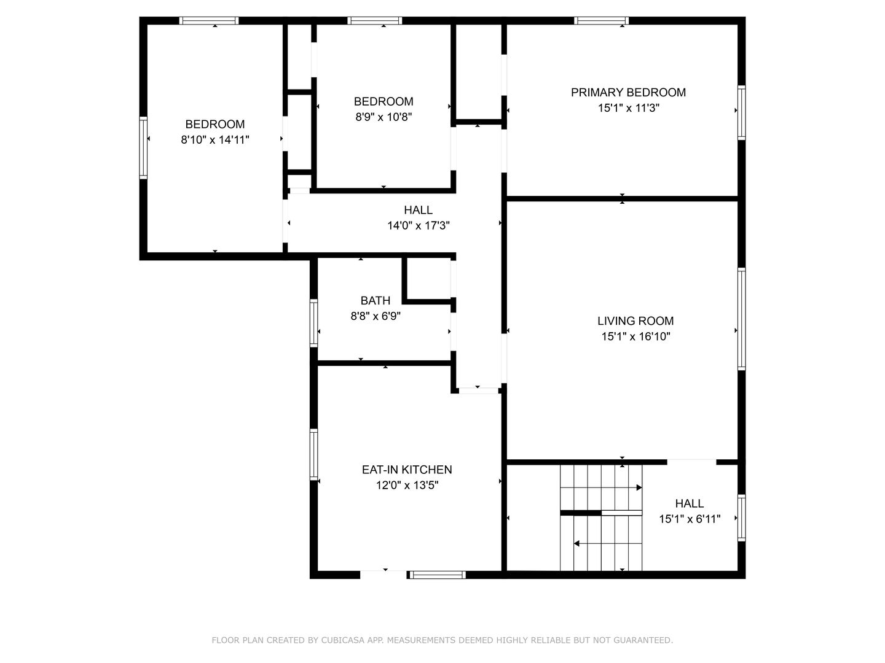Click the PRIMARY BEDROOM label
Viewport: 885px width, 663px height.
coord(627,93)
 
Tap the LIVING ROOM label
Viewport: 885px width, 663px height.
coord(635,321)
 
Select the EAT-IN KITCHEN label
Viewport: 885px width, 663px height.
coord(407,470)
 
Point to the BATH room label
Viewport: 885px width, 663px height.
coord(376,300)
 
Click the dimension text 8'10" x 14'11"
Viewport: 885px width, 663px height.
coord(215,140)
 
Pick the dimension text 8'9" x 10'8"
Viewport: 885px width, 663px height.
coord(383,117)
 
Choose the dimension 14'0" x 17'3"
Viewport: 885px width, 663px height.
coord(419,225)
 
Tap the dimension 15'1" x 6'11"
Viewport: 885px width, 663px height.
coord(690,519)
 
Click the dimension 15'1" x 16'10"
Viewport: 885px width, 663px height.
coord(636,336)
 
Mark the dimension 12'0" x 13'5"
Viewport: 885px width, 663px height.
coord(407,485)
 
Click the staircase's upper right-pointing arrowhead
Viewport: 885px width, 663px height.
coord(639,487)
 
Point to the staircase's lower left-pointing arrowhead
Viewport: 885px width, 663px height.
coord(576,543)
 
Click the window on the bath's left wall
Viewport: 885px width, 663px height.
coord(313,323)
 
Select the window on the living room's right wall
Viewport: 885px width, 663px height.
coord(741,319)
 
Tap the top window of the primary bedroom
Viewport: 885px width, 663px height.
coord(601,20)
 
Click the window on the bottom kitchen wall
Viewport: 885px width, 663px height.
coord(437,575)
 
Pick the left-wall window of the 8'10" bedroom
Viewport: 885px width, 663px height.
coord(143,147)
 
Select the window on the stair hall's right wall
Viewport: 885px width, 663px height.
coord(741,518)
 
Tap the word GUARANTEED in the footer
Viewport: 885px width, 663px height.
coord(643,640)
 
